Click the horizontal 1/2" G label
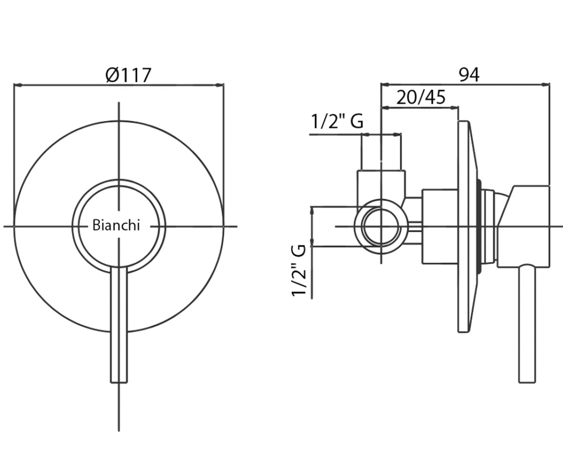[337, 121]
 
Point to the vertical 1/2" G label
[299, 270]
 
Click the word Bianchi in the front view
[116, 225]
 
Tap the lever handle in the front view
[119, 325]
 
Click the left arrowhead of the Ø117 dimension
[17, 85]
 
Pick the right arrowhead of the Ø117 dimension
[220, 85]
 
